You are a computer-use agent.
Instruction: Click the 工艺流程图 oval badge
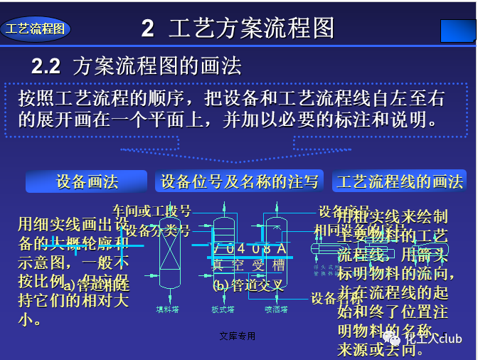tap(36, 29)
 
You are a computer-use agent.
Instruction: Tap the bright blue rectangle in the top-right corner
tap(457, 31)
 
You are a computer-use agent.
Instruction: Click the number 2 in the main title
tap(147, 28)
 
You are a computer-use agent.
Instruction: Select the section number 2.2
tap(46, 67)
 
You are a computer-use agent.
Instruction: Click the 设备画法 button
tap(87, 181)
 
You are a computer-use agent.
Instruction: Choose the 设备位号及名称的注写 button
tap(240, 181)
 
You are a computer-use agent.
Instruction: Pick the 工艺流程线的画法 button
tap(400, 181)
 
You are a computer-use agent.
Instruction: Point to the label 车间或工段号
tap(152, 211)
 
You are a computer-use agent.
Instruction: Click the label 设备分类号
tap(158, 230)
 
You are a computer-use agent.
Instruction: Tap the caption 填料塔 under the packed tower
tap(169, 309)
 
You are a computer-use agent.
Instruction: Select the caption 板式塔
tap(222, 309)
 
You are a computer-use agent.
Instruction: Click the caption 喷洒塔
tap(276, 309)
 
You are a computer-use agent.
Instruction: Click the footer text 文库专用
tap(238, 336)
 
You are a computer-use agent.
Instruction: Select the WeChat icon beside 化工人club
tap(392, 338)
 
